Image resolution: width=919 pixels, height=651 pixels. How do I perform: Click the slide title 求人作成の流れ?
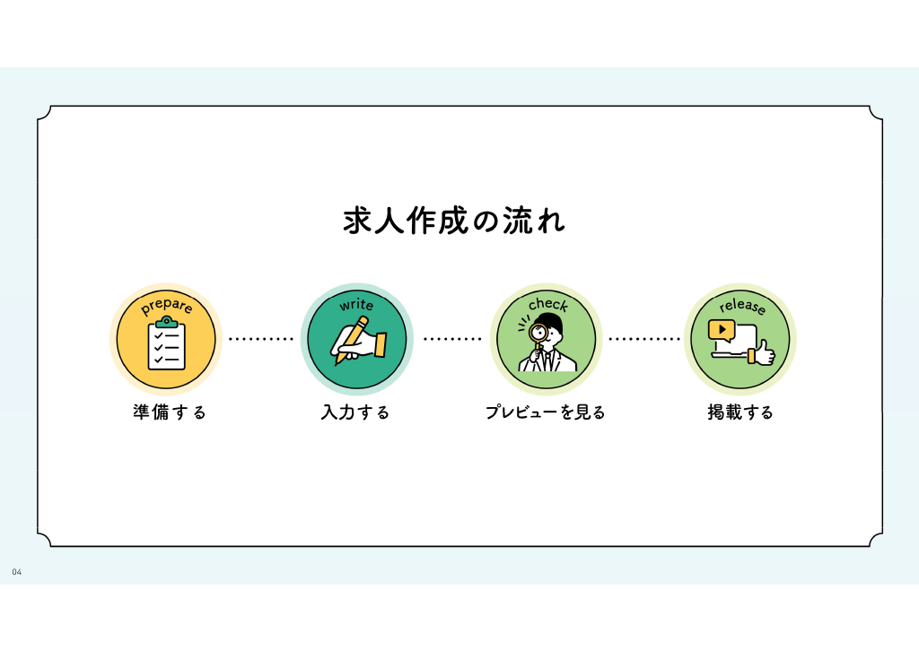[454, 221]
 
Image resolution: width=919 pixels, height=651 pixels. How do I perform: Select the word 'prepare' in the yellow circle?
[166, 306]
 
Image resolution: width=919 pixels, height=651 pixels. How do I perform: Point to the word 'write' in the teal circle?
[356, 304]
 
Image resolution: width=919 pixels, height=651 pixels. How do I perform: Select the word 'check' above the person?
[548, 304]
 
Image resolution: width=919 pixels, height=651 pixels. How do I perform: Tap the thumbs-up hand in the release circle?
[761, 352]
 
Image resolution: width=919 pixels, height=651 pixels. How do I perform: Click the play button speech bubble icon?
[722, 331]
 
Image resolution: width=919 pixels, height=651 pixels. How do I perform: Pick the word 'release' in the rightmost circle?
[742, 306]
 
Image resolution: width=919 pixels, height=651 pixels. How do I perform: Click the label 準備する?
[170, 412]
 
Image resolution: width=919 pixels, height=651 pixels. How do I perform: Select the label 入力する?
[355, 412]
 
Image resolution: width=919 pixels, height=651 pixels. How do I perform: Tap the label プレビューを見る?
[545, 412]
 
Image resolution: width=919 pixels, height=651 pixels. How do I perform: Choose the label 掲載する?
[740, 412]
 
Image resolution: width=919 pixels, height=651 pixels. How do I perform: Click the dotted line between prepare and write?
[261, 339]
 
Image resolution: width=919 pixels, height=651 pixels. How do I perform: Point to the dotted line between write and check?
[452, 339]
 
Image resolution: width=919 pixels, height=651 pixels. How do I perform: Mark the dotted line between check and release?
[644, 339]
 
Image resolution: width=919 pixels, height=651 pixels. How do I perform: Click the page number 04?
[16, 572]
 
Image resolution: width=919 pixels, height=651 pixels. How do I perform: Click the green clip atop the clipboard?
[167, 322]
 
